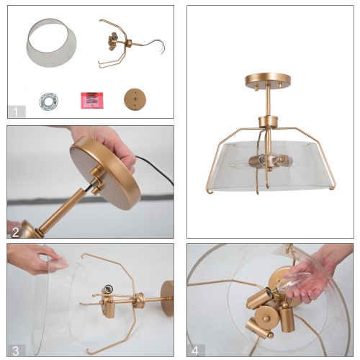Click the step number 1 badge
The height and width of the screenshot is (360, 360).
pos(16,111)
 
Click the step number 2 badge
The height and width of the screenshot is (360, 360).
pos(16,231)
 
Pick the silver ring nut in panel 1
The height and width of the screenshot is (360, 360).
pos(48,99)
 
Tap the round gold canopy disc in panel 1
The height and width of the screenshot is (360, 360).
pos(134,98)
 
